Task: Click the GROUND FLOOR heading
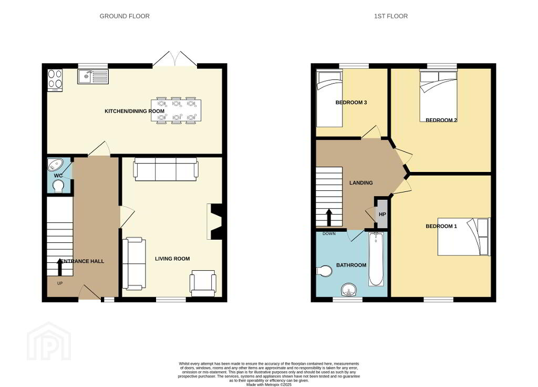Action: tap(125, 16)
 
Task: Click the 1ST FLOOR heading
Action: tap(391, 16)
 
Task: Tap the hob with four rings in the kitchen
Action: tap(55, 80)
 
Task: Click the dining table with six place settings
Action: tap(176, 110)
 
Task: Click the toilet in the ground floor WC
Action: tap(58, 186)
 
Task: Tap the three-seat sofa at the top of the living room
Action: tap(166, 169)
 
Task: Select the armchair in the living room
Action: tap(203, 283)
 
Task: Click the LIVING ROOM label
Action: tap(172, 259)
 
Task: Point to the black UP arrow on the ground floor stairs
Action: tap(60, 267)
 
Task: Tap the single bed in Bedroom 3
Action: tap(329, 98)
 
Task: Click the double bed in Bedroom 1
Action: tap(464, 237)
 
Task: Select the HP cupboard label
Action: tap(382, 215)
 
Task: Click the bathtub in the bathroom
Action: tap(376, 259)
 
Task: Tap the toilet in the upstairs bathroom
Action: tap(324, 271)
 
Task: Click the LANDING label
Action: tap(361, 183)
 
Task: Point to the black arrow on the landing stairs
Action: tap(329, 217)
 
